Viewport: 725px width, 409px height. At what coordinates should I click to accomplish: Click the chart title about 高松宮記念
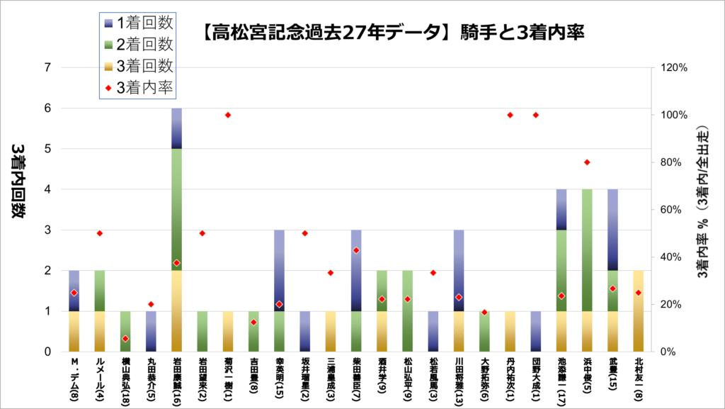[388, 32]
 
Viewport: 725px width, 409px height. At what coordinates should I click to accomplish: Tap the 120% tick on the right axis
[673, 68]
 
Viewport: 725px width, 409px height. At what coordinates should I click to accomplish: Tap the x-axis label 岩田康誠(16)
[177, 380]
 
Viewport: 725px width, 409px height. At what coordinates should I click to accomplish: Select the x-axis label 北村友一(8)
[638, 379]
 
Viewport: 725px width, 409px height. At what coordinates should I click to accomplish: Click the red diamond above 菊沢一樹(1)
[228, 115]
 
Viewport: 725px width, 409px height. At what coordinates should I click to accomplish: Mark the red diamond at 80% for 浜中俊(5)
[587, 162]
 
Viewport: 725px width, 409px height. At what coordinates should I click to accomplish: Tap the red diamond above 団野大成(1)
[536, 115]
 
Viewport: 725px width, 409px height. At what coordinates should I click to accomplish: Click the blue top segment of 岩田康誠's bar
[177, 128]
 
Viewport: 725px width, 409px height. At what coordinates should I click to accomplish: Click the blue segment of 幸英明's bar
[280, 270]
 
